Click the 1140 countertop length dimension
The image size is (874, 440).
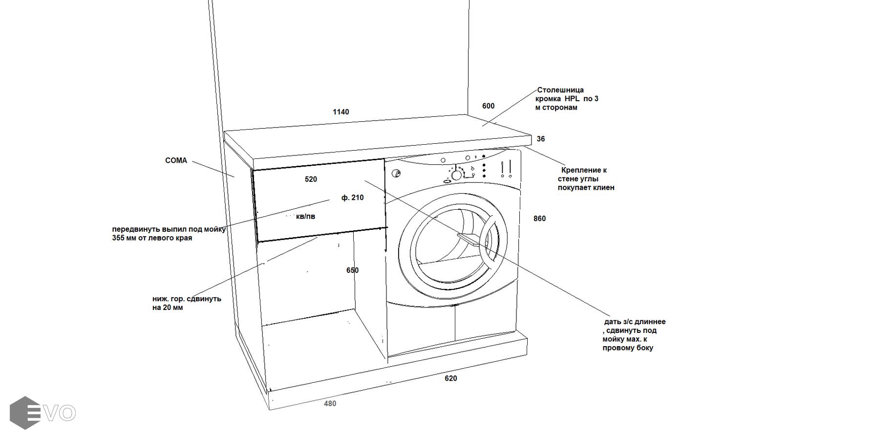[x=341, y=112]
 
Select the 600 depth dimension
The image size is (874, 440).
[x=488, y=106]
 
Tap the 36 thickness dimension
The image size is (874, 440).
[x=540, y=139]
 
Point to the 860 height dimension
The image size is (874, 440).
[x=539, y=219]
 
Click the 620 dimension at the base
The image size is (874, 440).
[x=450, y=378]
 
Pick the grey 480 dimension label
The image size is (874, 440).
[x=330, y=404]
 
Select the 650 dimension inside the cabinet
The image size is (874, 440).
[x=352, y=270]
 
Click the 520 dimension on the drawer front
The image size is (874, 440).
[x=311, y=179]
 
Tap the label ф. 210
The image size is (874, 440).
[x=352, y=198]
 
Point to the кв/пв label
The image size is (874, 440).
[x=305, y=216]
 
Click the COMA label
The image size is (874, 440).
[x=176, y=160]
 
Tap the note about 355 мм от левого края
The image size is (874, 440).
[x=152, y=238]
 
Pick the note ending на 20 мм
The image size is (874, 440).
[x=168, y=308]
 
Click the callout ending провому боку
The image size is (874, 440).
[x=628, y=348]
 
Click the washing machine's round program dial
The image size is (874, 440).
[x=457, y=175]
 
